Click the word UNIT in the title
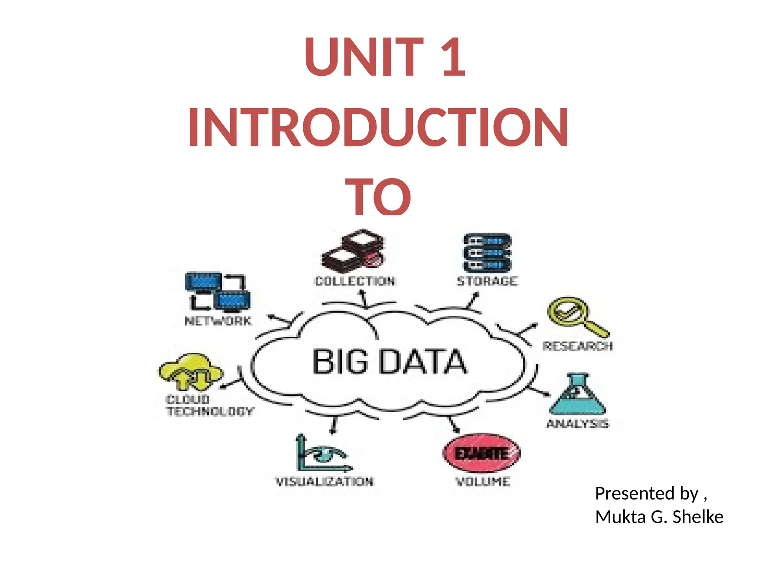point(364,57)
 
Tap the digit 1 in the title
point(453,57)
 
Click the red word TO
point(378,196)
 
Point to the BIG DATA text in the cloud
point(389,362)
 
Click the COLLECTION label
point(355,281)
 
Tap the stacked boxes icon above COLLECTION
point(354,250)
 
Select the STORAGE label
point(487,281)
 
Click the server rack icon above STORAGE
point(487,253)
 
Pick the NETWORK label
point(218,321)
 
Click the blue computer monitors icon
point(218,291)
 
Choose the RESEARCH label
point(577,346)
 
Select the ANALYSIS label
point(578,424)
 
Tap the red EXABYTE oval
point(481,454)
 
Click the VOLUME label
point(483,482)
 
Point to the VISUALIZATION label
point(324,482)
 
